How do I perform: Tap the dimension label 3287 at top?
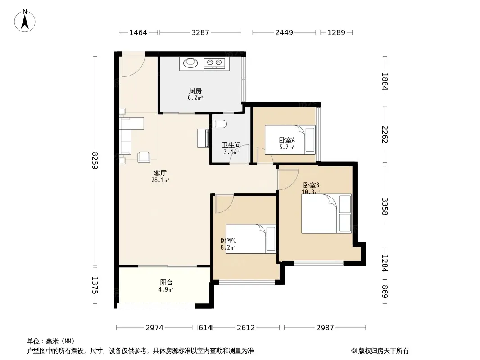tap(200, 32)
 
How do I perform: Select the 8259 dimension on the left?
tap(95, 161)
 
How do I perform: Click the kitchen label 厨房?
tap(195, 90)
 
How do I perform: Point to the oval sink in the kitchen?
tap(191, 63)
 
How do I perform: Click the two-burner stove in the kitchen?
tap(214, 63)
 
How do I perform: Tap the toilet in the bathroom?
tap(219, 124)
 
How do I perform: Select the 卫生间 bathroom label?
tap(231, 145)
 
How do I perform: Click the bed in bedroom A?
tap(290, 139)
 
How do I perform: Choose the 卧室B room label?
tap(311, 185)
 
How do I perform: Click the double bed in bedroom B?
tap(326, 213)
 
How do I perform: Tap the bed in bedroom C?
tap(251, 238)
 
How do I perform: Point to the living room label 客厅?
tap(160, 173)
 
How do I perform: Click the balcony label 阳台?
tap(166, 282)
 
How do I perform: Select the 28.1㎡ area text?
tap(160, 180)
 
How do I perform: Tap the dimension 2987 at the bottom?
tap(325, 328)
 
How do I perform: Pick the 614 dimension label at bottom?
tap(205, 328)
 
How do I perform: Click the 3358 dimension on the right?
tap(385, 207)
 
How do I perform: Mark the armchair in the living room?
tap(144, 157)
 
